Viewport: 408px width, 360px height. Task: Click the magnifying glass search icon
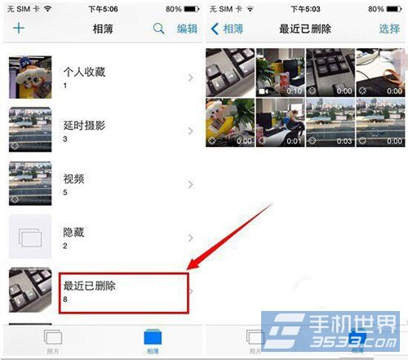tap(159, 29)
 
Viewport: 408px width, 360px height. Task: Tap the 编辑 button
tap(187, 29)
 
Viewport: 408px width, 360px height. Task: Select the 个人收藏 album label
tap(84, 73)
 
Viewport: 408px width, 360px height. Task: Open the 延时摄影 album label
tap(84, 126)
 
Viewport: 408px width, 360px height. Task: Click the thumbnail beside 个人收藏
tap(30, 78)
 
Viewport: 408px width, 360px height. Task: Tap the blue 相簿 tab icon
tap(153, 338)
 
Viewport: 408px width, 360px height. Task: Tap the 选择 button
tap(389, 29)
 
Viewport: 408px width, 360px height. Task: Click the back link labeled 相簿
tap(228, 29)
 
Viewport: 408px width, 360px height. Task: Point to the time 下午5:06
tap(102, 9)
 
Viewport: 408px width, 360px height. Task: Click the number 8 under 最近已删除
tap(66, 300)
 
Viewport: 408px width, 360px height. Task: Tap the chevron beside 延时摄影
tap(190, 131)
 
